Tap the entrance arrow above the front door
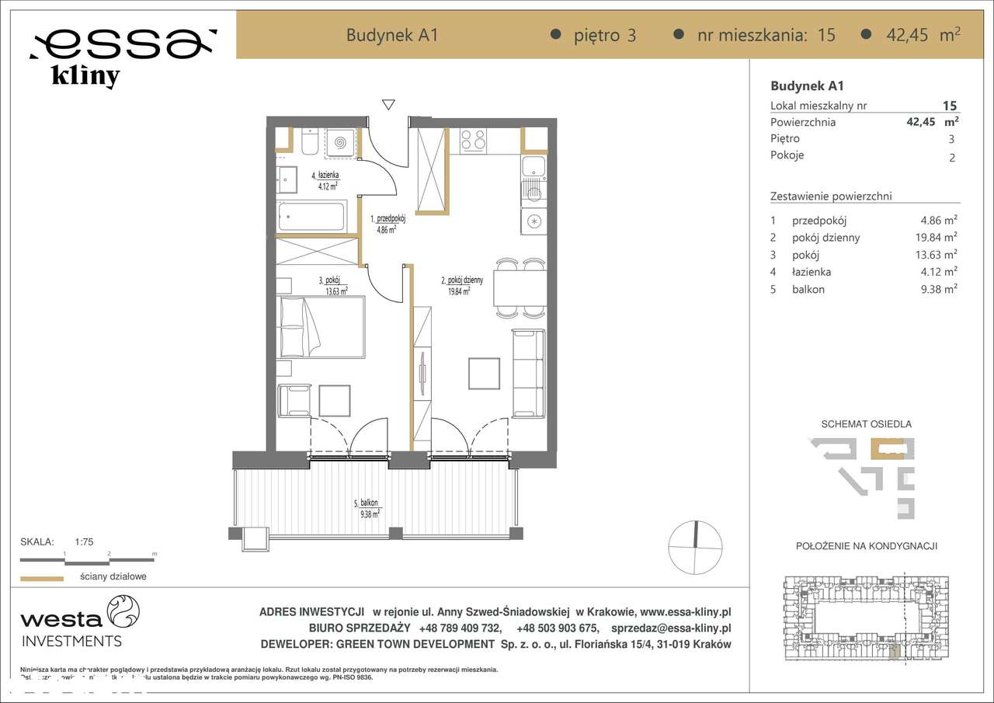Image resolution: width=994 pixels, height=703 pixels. coord(388,105)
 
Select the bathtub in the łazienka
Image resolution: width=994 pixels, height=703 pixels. coord(312,216)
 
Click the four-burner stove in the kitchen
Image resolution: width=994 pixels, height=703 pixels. coord(473,140)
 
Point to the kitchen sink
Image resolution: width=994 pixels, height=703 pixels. coord(533,167)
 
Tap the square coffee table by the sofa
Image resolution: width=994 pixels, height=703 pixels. coord(484,373)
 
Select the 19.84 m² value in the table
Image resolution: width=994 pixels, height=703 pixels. coord(938,238)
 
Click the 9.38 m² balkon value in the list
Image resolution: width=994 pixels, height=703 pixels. coord(938,289)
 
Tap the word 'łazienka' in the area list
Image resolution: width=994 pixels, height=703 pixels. coord(812,272)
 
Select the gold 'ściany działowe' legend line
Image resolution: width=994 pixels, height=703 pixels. coord(41,578)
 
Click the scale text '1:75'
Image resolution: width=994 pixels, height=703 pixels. coord(84,542)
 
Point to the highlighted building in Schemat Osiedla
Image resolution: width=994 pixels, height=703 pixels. coord(887,450)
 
